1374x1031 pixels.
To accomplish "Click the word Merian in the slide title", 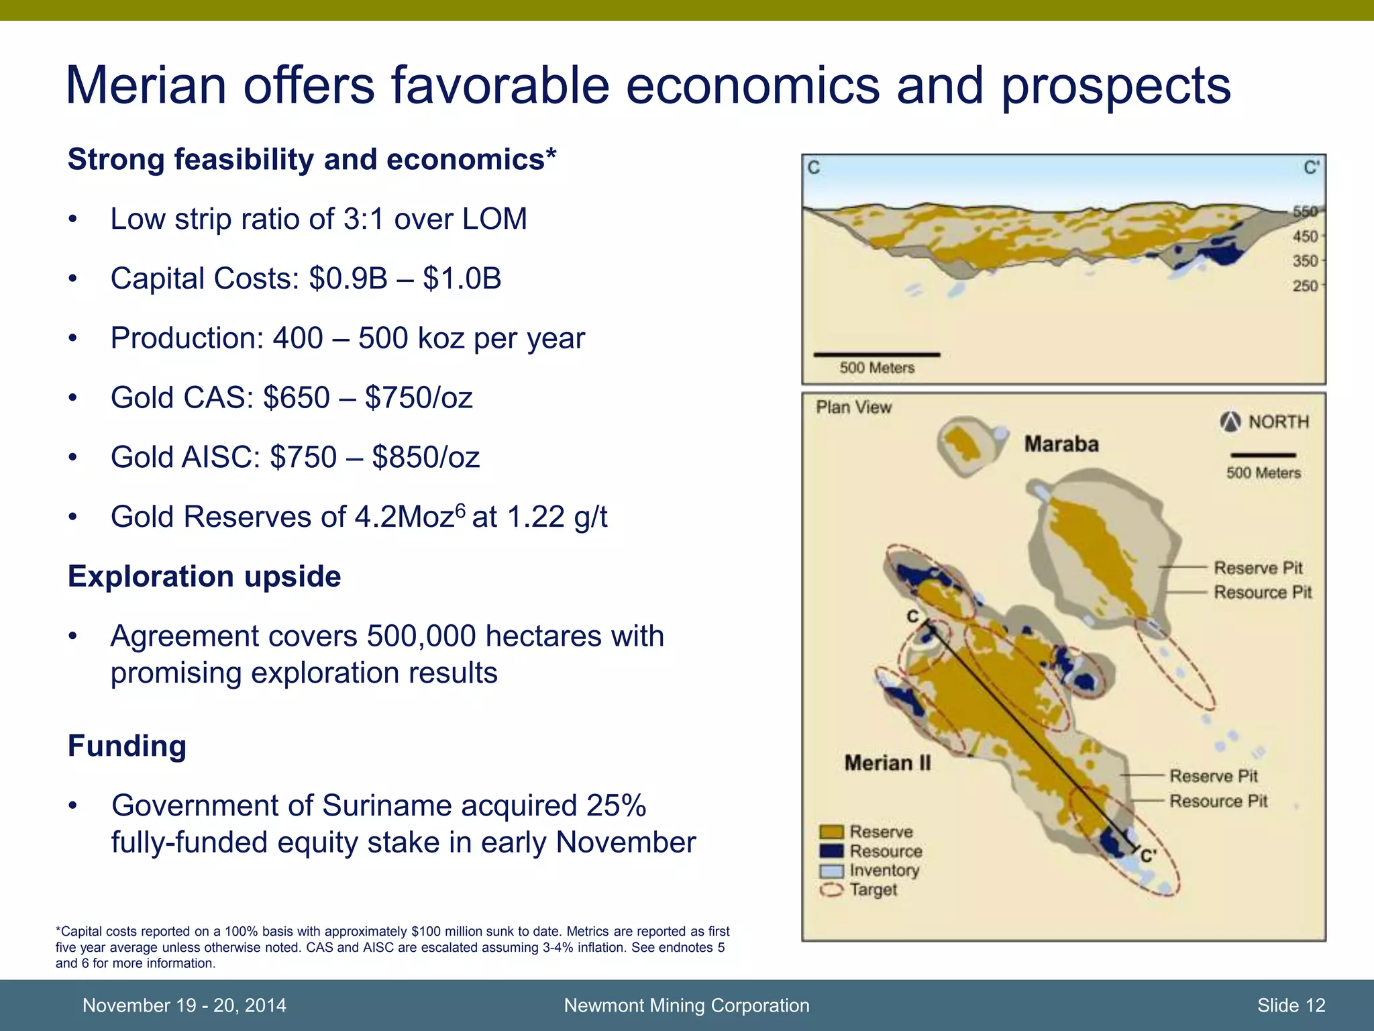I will coord(146,86).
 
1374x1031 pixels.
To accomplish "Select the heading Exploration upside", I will coord(204,577).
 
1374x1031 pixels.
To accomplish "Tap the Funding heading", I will coord(127,746).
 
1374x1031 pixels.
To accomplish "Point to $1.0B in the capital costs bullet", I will coord(462,279).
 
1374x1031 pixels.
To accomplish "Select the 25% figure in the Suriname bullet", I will coord(615,805).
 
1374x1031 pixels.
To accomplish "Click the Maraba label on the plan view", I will coord(1061,444).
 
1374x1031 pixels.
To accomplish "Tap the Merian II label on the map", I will coord(887,763).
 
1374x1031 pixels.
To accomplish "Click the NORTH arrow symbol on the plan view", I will coord(1230,422).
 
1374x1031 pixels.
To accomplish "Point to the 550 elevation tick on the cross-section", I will coord(1305,212).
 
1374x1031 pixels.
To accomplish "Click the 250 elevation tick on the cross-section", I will coord(1305,286).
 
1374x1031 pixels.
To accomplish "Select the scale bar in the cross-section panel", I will coord(876,354).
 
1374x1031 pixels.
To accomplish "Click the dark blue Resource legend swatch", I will coord(831,851).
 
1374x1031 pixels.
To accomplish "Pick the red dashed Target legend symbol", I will coord(831,890).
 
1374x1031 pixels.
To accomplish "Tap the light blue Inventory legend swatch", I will coord(831,871).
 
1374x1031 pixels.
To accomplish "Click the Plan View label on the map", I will coord(853,407).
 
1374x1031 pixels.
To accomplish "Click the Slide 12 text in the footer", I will coord(1291,1005).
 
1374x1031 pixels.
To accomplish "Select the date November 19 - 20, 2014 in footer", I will coord(184,1005).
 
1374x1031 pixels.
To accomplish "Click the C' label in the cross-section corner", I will coord(1310,167).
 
